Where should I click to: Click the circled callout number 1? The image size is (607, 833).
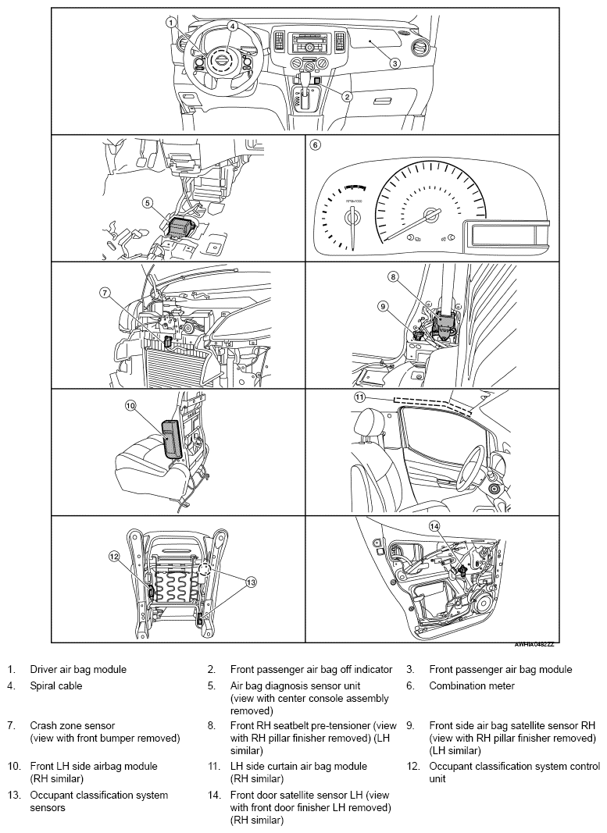click(170, 23)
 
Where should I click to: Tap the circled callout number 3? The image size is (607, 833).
click(395, 62)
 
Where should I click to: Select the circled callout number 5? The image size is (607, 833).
click(148, 202)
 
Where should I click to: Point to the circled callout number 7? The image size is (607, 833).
click(105, 292)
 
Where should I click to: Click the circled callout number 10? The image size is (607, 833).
click(130, 405)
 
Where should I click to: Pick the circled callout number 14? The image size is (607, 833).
click(435, 526)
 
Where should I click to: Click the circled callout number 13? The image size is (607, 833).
click(251, 582)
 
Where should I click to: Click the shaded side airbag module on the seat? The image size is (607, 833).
click(172, 438)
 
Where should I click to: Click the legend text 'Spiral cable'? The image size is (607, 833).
click(56, 686)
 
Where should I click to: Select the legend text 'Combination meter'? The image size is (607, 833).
click(472, 686)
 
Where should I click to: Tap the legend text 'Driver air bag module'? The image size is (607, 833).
click(78, 669)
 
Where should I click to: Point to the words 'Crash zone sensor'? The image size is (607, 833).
click(73, 725)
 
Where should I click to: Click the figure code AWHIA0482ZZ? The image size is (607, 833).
click(534, 644)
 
